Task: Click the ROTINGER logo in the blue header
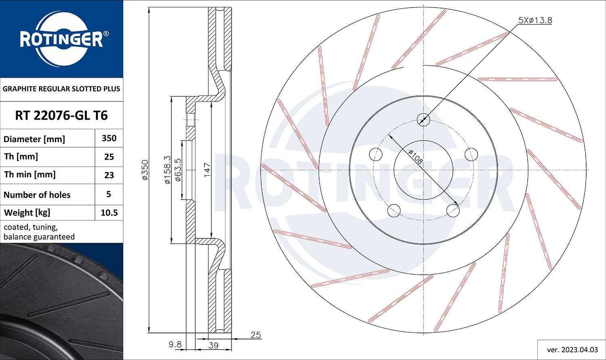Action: click(62, 39)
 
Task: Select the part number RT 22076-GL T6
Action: click(61, 116)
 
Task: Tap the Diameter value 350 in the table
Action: click(109, 138)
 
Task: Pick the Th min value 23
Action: click(109, 175)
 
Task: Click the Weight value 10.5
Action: click(109, 213)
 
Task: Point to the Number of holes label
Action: click(37, 195)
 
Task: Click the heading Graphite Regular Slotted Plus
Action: click(61, 89)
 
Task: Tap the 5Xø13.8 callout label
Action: click(535, 20)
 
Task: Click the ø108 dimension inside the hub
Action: click(416, 157)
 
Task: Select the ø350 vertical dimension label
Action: click(145, 170)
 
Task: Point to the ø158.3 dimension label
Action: click(167, 170)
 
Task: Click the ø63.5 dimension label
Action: click(178, 170)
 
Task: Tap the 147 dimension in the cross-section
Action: click(207, 170)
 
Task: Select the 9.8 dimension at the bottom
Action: click(175, 345)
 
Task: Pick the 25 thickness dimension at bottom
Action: click(256, 335)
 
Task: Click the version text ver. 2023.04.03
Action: click(572, 349)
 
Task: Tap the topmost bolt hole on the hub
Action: click(423, 119)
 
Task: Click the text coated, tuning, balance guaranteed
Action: click(39, 232)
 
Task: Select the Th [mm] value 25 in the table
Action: click(109, 157)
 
